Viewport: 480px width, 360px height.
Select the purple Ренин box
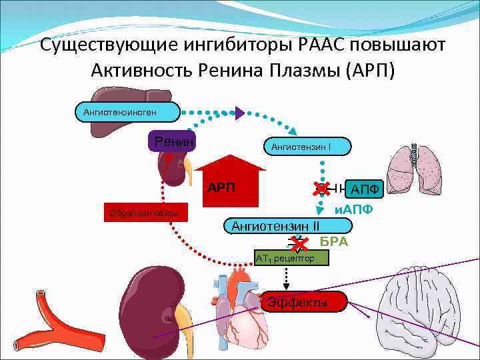coord(173,141)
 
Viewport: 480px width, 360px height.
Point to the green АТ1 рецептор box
coord(291,257)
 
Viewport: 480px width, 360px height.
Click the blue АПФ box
coord(364,189)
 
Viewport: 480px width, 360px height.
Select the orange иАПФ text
coord(353,209)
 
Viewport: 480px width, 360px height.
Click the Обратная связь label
coord(144,213)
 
